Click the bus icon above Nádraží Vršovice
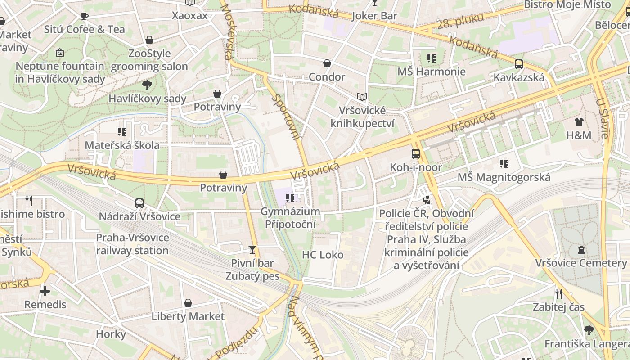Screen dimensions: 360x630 [139, 203]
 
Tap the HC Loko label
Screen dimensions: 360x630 [323, 255]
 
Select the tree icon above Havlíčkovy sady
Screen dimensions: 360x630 [147, 85]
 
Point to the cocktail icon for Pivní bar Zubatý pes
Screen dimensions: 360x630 [252, 249]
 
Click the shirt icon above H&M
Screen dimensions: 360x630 [579, 121]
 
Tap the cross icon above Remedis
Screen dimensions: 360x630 [45, 291]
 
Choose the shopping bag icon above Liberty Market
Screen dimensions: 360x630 [188, 303]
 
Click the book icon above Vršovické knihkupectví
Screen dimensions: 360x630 [362, 97]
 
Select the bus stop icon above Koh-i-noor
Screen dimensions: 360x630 [416, 153]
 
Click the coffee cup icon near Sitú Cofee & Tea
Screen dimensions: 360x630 [84, 17]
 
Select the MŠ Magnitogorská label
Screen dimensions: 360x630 [504, 177]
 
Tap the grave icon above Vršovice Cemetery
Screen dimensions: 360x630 [581, 249]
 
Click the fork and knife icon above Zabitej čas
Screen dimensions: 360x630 [559, 294]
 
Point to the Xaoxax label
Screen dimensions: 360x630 [190, 16]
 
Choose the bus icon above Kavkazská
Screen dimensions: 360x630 [519, 64]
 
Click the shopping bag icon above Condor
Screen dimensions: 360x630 [327, 63]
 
